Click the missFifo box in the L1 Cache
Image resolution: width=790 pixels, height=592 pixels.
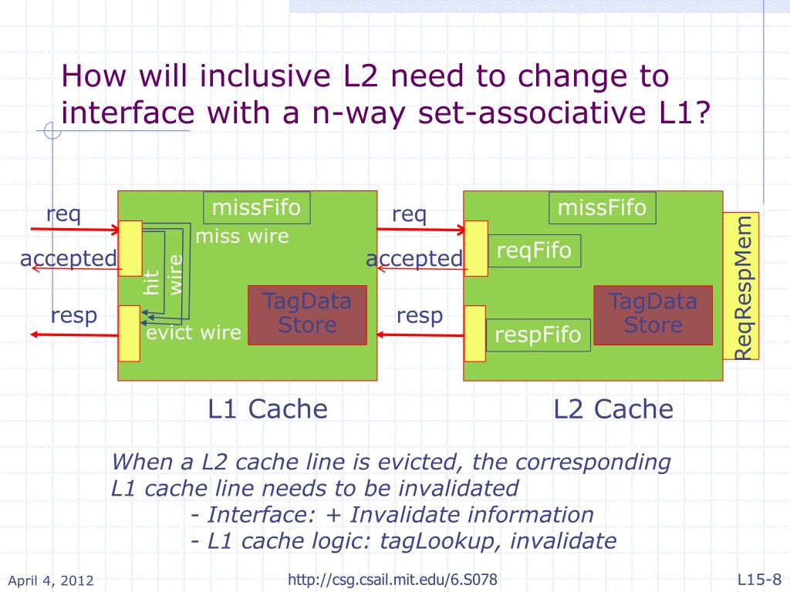[256, 207]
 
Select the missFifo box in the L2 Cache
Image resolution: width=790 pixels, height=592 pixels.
[602, 207]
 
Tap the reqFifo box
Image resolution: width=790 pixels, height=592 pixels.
[534, 251]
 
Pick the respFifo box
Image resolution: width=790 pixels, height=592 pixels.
[538, 335]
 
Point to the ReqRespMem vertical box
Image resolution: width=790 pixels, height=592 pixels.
[741, 286]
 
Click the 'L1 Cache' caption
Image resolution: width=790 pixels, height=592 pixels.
[268, 409]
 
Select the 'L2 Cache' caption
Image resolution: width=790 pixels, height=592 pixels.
[613, 409]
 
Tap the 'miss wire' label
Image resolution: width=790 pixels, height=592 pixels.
[242, 236]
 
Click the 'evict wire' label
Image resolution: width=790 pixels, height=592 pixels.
[194, 333]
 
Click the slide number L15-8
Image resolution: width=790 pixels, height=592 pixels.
[759, 579]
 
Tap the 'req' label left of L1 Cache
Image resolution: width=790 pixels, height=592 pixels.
[63, 214]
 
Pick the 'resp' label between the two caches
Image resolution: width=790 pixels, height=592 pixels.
[420, 315]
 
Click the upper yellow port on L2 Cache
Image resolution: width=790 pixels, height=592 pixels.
[476, 248]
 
